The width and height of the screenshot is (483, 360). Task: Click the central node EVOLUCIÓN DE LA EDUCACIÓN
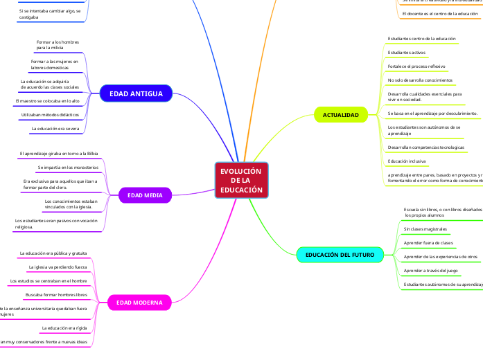pos(241,181)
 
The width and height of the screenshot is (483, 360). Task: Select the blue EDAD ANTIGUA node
pos(135,93)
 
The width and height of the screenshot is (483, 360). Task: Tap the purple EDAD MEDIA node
pos(145,196)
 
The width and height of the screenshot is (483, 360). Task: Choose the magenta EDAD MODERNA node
pos(139,303)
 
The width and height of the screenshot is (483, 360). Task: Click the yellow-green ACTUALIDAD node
pos(341,114)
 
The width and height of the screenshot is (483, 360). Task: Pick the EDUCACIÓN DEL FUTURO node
pos(340,255)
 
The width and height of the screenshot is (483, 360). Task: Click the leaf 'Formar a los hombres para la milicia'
pos(58,45)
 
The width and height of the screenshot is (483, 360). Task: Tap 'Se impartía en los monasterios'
pos(68,168)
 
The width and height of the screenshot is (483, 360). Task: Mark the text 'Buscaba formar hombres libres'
pos(56,295)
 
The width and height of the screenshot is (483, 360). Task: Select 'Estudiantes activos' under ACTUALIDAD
pos(407,53)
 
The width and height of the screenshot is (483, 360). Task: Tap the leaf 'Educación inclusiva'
pos(407,161)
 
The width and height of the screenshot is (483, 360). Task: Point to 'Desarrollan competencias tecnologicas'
pos(425,147)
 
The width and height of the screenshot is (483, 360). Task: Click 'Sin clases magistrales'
pos(425,228)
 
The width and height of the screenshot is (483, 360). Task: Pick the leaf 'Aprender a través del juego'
pos(430,271)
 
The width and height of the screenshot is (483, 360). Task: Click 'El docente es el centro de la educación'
pos(439,13)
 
